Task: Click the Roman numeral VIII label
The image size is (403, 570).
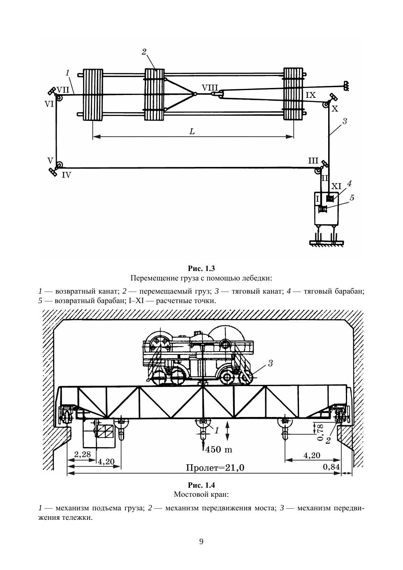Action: point(208,87)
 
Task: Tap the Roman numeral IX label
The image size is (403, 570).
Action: point(311,95)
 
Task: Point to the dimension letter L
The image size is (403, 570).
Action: point(192,131)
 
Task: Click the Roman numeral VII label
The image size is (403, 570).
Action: point(63,89)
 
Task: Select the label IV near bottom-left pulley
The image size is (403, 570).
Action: point(66,175)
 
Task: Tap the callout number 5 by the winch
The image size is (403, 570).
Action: point(352,197)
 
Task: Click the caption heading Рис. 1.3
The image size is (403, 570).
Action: point(201,269)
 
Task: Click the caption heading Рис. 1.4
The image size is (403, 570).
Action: point(201,485)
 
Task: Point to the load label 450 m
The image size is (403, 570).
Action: point(219,450)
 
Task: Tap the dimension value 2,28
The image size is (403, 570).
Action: point(82,454)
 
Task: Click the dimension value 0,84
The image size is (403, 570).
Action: point(331,467)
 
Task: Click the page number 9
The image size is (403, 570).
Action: point(201,541)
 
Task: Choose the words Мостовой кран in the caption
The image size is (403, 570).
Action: point(201,494)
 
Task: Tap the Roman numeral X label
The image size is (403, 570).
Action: point(335,109)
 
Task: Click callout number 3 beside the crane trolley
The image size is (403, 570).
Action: point(271,363)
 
